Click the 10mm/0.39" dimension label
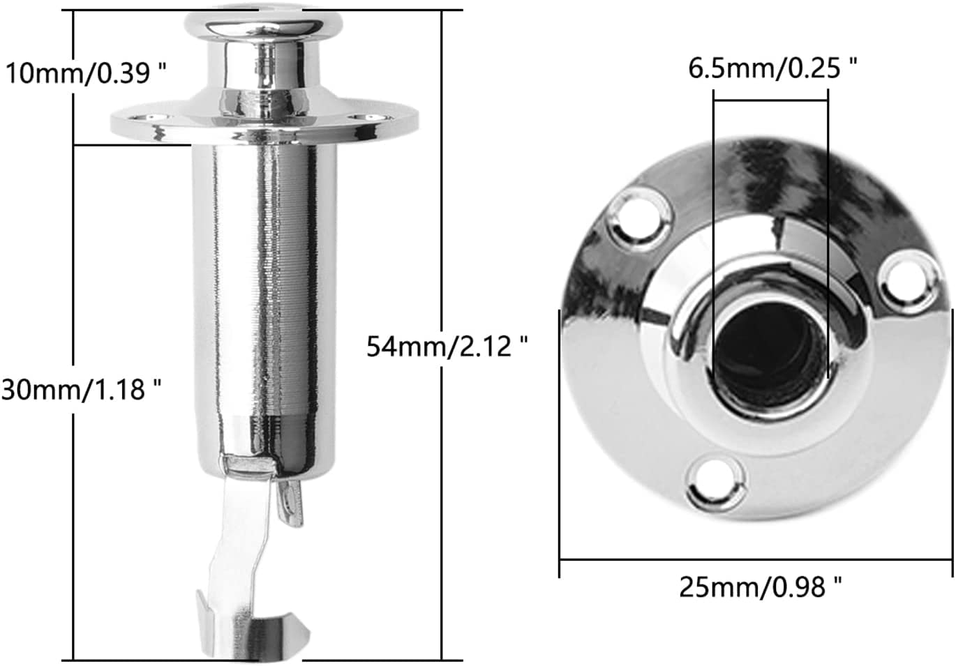86,73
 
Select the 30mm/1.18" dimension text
82,390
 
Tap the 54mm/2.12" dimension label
447,346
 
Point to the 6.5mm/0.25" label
772,68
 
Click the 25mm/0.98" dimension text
761,587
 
